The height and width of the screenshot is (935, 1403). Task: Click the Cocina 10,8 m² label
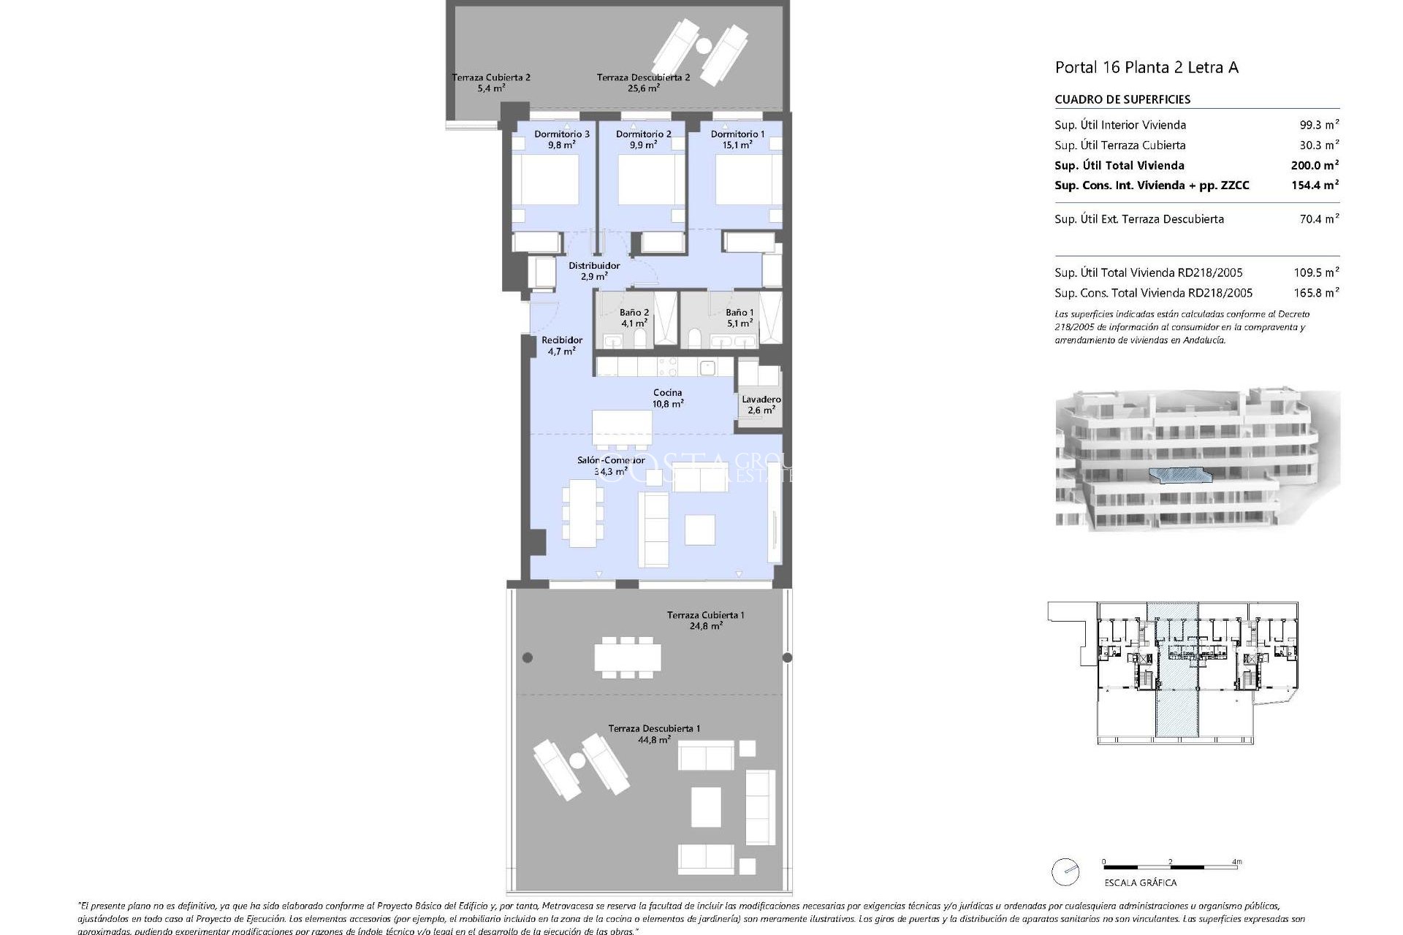(x=668, y=398)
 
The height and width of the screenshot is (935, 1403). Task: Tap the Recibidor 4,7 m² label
(x=562, y=346)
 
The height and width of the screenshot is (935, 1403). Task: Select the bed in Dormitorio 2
(x=642, y=180)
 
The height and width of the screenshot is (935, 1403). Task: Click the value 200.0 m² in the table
(x=1315, y=165)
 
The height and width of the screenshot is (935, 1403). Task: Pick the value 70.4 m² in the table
(x=1319, y=218)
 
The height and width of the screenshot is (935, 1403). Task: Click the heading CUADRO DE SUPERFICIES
(x=1122, y=99)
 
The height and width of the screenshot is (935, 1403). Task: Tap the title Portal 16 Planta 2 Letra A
(x=1146, y=68)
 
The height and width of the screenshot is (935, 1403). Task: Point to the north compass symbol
(x=1065, y=872)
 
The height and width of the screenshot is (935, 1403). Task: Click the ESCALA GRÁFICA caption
(x=1140, y=882)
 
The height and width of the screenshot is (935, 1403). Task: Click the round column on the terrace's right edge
(x=787, y=657)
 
